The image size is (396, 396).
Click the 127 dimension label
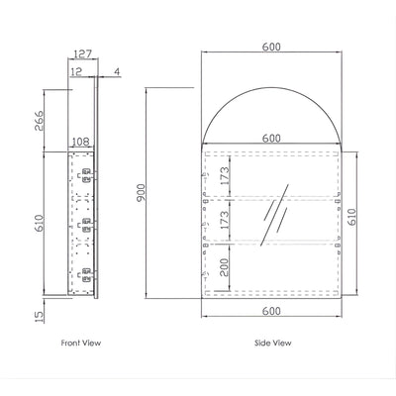click(82, 53)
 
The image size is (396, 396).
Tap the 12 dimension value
click(76, 71)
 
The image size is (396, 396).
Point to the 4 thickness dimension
click(118, 71)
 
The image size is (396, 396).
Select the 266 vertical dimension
click(39, 121)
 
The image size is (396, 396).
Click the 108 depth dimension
click(81, 142)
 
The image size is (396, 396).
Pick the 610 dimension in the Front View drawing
click(39, 223)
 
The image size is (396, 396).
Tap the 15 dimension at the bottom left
click(39, 317)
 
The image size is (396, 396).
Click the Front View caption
click(81, 343)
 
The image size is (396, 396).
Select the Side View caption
click(273, 343)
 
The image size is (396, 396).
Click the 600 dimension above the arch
click(271, 47)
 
